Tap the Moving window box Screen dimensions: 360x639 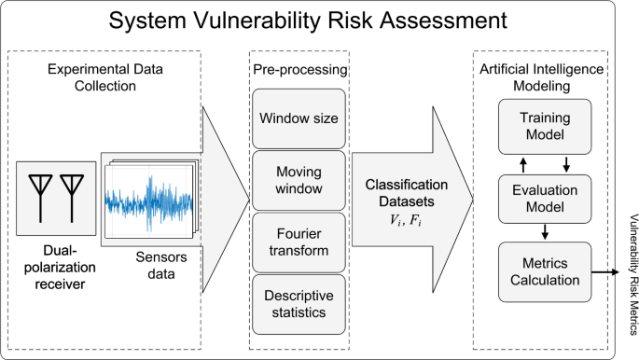(x=299, y=181)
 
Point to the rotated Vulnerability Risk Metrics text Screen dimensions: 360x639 (x=631, y=271)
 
